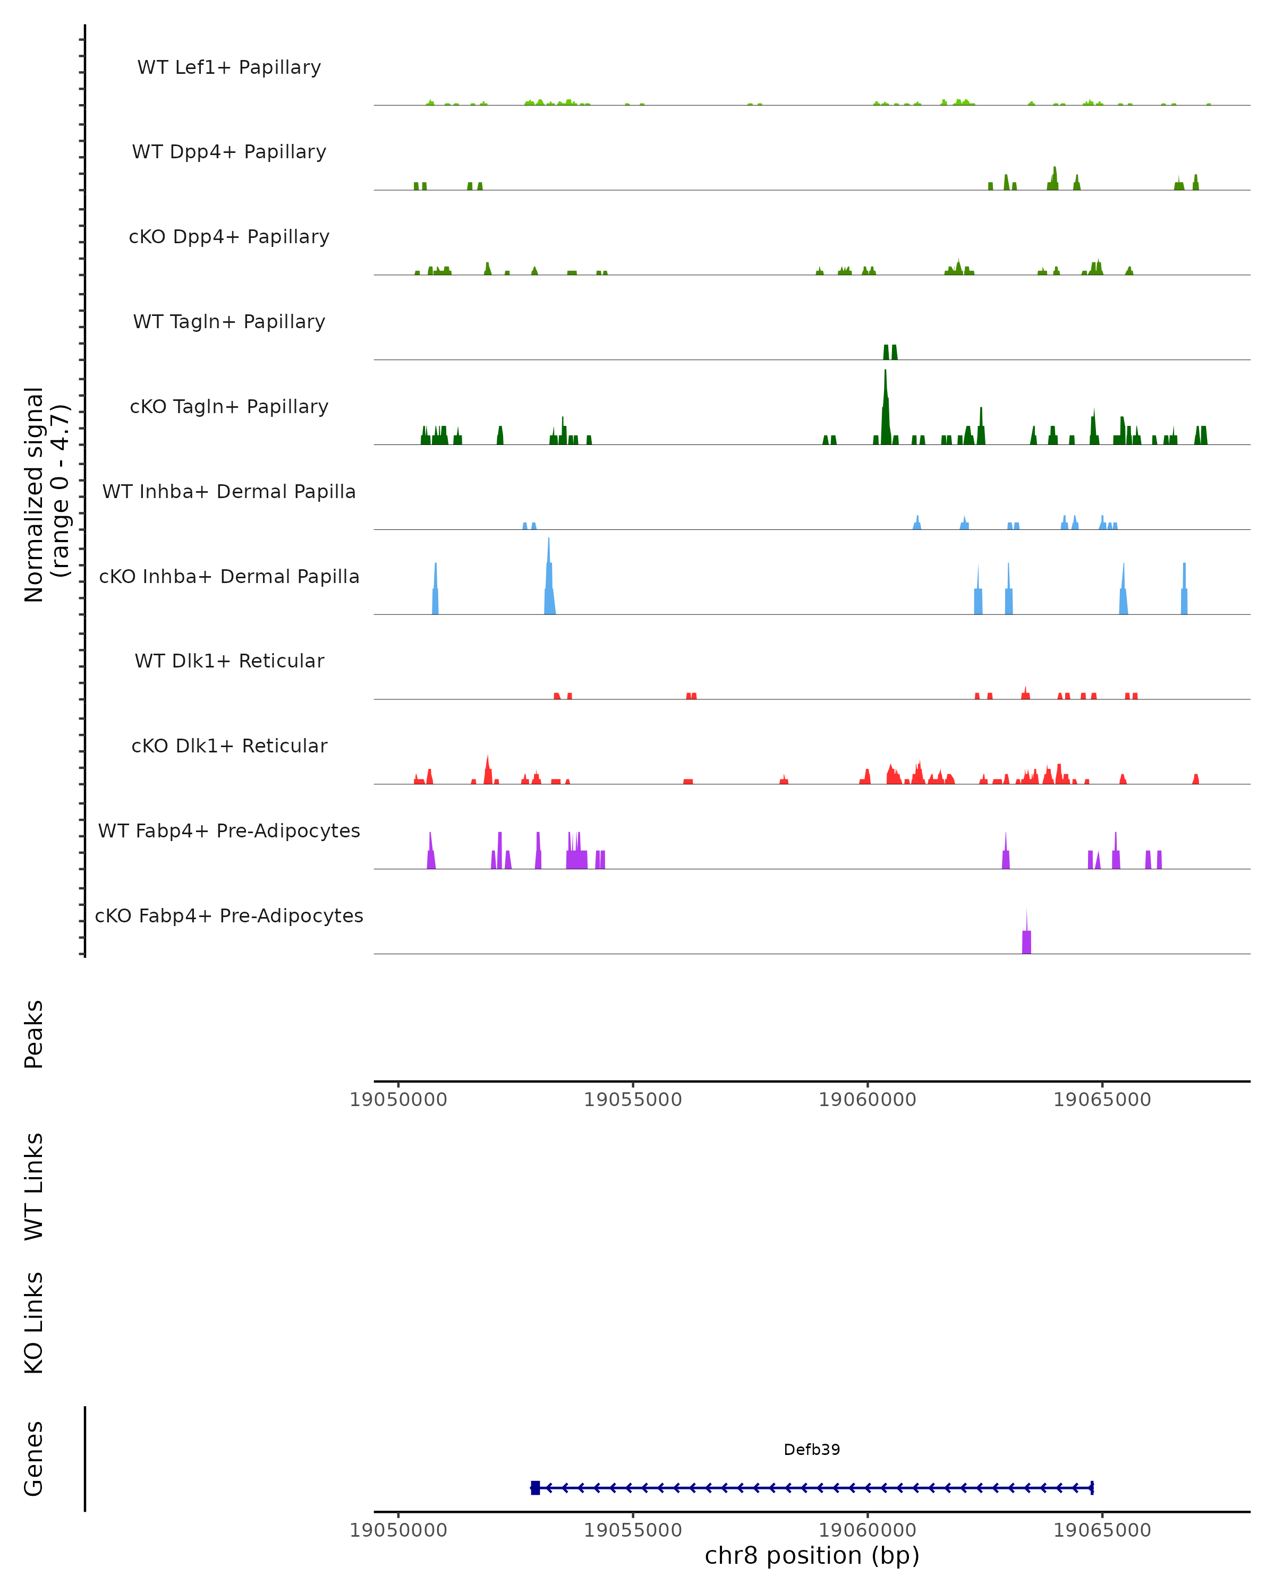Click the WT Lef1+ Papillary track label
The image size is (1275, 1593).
point(229,67)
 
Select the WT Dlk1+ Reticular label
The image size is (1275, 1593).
point(229,661)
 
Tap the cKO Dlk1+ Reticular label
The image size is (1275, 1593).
point(229,746)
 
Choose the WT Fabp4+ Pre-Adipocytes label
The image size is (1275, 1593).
point(229,830)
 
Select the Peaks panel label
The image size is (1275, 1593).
point(34,1034)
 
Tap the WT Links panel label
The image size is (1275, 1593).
point(34,1186)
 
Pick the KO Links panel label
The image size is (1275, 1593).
point(34,1323)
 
